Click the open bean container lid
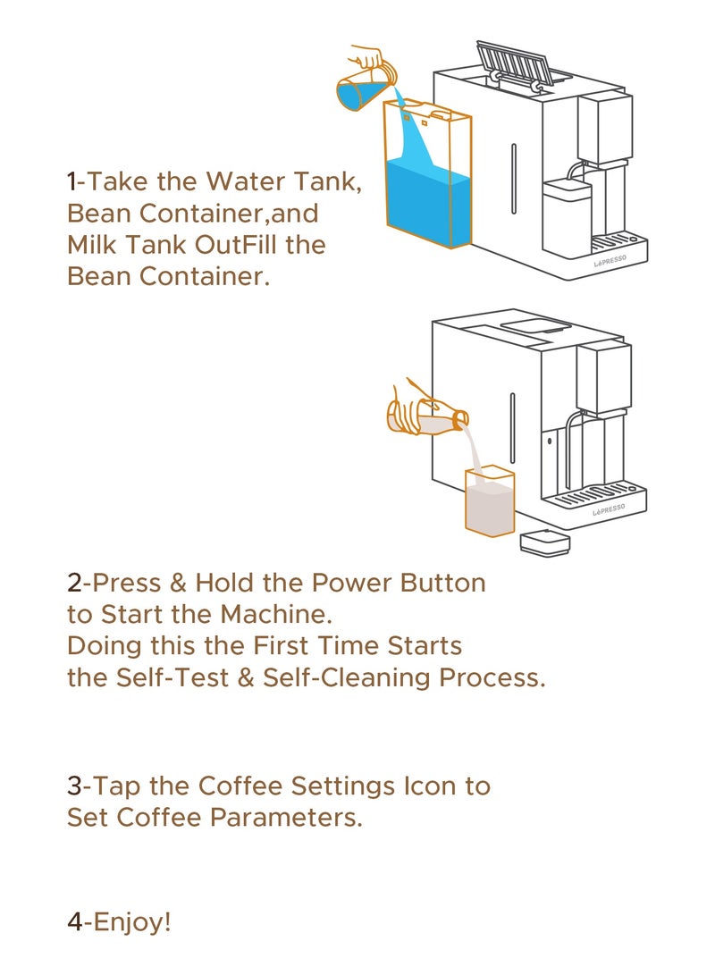pos(514,63)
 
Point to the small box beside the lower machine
pos(544,543)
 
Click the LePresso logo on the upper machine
pos(610,261)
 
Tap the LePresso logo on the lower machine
pos(609,511)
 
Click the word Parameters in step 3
pos(286,817)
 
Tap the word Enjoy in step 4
pos(129,921)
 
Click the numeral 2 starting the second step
pos(74,583)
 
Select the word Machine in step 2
pos(276,614)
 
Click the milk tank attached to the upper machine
pos(566,215)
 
